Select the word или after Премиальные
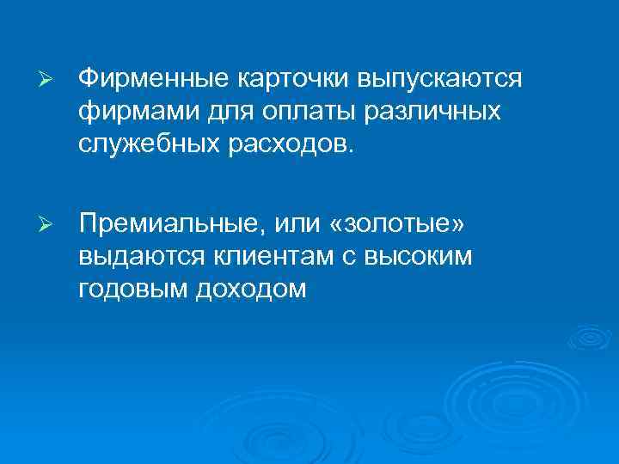[x=300, y=224]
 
